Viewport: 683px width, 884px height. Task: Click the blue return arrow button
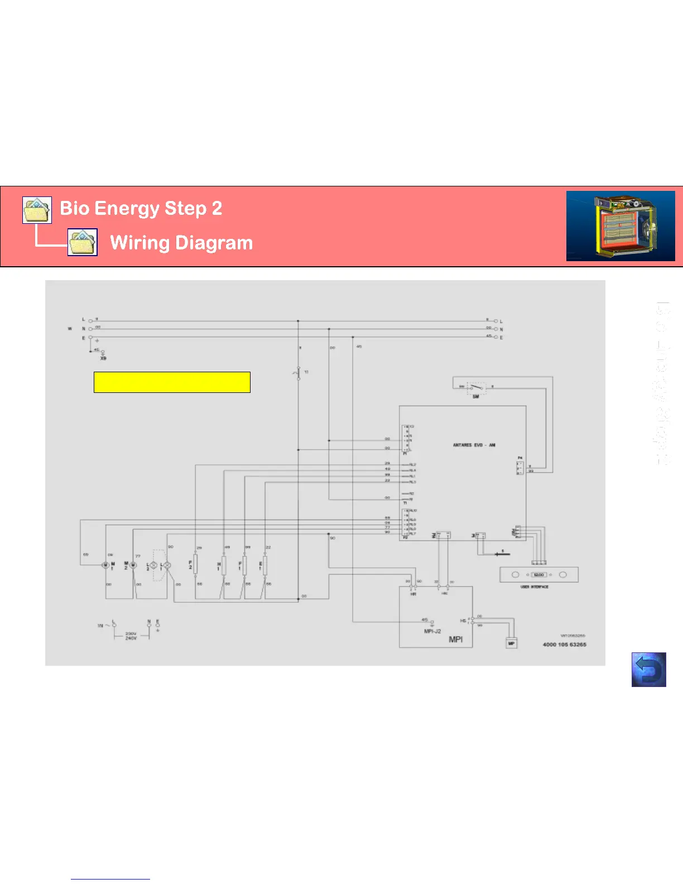tap(648, 669)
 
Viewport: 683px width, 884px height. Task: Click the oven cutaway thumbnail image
tap(621, 226)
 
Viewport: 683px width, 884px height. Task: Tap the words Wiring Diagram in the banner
tap(181, 243)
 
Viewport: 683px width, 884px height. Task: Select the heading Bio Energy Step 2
tap(141, 208)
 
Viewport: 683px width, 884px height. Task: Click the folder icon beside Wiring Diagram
tap(83, 242)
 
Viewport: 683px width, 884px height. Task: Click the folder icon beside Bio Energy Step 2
tap(37, 210)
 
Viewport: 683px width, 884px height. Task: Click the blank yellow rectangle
tap(172, 382)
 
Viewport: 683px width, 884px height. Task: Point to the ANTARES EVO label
tap(474, 445)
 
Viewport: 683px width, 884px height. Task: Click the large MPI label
tap(456, 639)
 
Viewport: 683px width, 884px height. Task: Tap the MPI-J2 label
tap(432, 631)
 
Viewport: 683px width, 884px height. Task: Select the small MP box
tap(511, 643)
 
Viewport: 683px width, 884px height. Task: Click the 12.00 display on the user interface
tap(538, 574)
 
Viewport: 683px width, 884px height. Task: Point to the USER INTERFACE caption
tap(535, 587)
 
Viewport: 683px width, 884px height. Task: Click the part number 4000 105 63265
tap(564, 645)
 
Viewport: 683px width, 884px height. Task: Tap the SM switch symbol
tap(476, 387)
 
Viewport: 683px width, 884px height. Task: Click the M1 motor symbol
tap(105, 565)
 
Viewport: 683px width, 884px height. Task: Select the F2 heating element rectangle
tap(195, 565)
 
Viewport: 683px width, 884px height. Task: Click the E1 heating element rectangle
tap(264, 565)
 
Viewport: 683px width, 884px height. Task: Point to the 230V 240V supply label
tap(131, 636)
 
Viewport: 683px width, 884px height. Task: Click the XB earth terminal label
tap(103, 358)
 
